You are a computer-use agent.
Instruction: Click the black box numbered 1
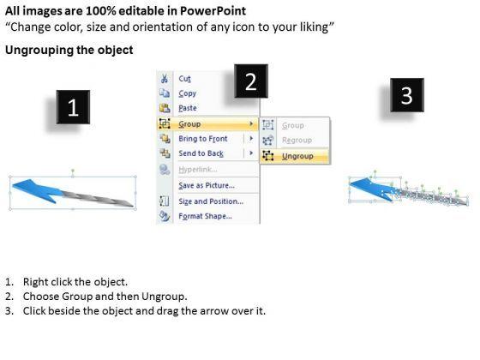(x=73, y=107)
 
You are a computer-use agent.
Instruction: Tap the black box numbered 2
(x=251, y=81)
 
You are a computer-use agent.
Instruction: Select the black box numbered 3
(x=407, y=95)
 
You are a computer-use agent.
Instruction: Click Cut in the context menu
(x=184, y=79)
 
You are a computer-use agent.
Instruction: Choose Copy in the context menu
(x=188, y=93)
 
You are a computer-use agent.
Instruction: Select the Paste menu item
(x=188, y=108)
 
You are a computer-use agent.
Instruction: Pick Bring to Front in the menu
(x=203, y=139)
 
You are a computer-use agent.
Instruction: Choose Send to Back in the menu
(x=201, y=153)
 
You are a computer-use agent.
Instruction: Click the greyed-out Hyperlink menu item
(x=198, y=170)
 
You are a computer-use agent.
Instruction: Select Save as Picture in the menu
(x=207, y=185)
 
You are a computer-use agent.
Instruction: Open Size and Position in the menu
(x=211, y=201)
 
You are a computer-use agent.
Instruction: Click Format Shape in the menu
(x=205, y=216)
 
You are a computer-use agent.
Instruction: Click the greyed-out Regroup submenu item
(x=297, y=141)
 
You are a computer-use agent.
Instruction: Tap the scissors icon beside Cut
(x=165, y=79)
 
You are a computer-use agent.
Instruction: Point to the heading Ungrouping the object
(x=69, y=50)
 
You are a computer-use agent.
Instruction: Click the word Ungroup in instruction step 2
(x=164, y=297)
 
